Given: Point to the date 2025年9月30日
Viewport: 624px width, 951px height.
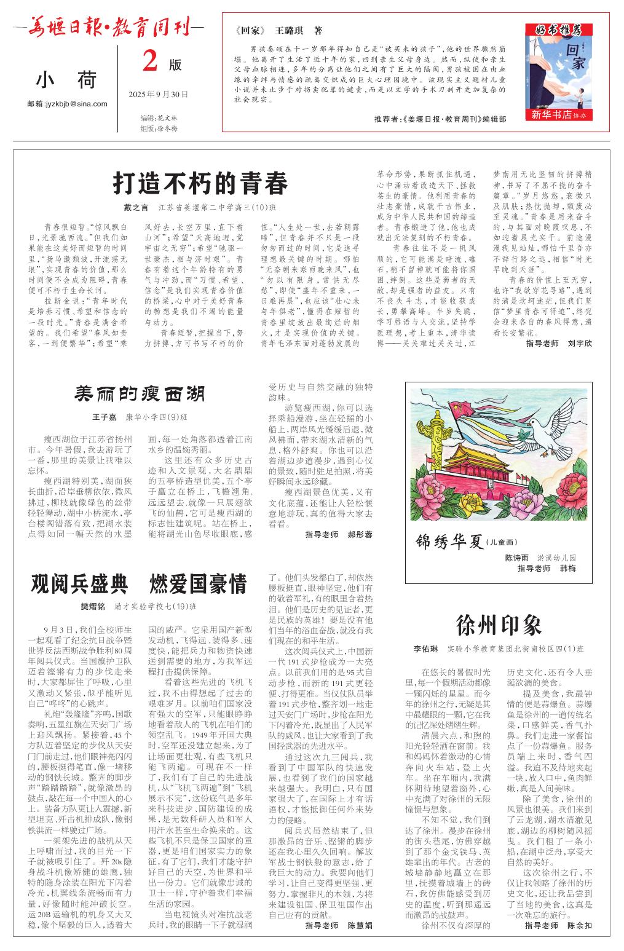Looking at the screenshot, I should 159,95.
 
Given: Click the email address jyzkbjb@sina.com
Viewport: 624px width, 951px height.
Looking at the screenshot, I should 68,103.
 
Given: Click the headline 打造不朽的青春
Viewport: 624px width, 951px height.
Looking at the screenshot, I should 200,183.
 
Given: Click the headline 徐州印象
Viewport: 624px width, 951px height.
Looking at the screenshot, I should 499,625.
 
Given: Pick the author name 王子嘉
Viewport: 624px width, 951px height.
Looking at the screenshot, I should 104,417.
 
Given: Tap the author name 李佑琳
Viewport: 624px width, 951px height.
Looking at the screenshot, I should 425,649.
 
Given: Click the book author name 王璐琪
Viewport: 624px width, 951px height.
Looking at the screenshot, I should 291,31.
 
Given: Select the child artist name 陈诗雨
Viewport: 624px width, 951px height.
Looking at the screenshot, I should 516,558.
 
